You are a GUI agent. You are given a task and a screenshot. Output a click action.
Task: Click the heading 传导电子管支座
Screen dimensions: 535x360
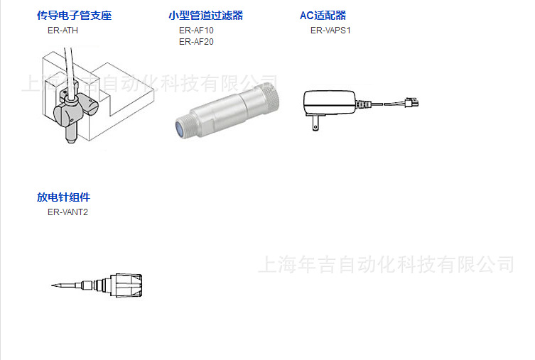(74, 16)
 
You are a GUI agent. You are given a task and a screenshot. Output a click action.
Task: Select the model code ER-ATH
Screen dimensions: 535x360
(63, 31)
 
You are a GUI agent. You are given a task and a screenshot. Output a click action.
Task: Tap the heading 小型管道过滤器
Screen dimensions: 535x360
(205, 16)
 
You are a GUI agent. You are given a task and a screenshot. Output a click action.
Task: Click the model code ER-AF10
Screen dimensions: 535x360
(196, 31)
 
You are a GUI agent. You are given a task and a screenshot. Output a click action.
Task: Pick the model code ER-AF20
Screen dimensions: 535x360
(196, 41)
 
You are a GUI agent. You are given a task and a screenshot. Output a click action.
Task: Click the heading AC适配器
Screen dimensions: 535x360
(323, 16)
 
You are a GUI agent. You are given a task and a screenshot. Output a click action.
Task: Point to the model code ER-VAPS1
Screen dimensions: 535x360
(330, 31)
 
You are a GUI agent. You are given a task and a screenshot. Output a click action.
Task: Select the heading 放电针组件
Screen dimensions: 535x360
(63, 197)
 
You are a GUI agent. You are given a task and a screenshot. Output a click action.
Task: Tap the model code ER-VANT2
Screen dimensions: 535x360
(68, 212)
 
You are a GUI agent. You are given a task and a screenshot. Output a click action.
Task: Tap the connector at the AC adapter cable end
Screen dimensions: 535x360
(411, 104)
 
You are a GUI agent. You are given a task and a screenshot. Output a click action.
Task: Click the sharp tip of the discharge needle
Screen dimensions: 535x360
(53, 286)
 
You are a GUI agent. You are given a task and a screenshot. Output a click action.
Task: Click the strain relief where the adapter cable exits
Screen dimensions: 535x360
(363, 104)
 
